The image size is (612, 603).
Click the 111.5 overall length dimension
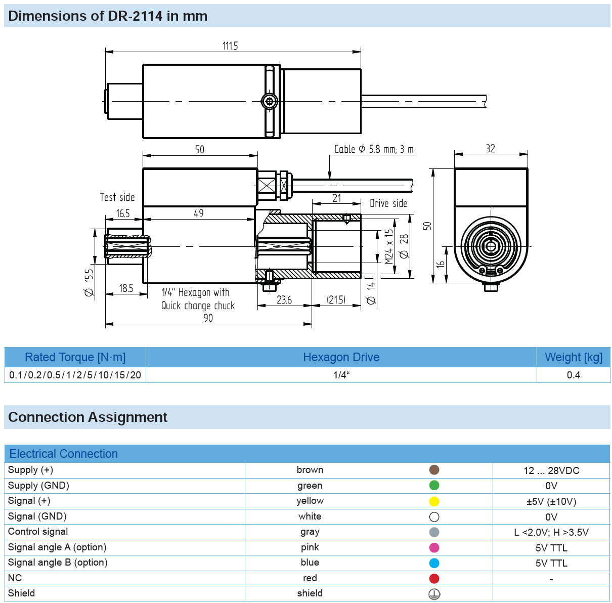point(230,46)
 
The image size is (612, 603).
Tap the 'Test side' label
point(117,197)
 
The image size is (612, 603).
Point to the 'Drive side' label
point(388,203)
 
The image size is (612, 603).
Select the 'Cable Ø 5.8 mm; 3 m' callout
point(374,149)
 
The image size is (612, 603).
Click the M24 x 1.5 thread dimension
point(388,246)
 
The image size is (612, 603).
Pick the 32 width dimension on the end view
point(490,149)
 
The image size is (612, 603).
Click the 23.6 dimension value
point(284,300)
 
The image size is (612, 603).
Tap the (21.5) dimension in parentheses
point(336,300)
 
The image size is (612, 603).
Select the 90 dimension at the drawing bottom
point(208,318)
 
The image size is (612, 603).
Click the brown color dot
point(434,470)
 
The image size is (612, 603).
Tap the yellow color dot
point(434,501)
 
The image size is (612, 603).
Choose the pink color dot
point(434,547)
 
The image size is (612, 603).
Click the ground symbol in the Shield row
point(434,594)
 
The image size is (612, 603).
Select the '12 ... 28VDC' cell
point(551,470)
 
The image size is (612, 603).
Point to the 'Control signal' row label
point(38,532)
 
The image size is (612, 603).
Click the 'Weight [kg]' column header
point(574,357)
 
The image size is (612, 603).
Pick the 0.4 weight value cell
point(574,375)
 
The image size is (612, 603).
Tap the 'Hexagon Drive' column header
point(341,357)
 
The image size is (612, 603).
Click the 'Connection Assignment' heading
point(88,417)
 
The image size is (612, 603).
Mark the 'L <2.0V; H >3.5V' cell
point(551,532)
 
